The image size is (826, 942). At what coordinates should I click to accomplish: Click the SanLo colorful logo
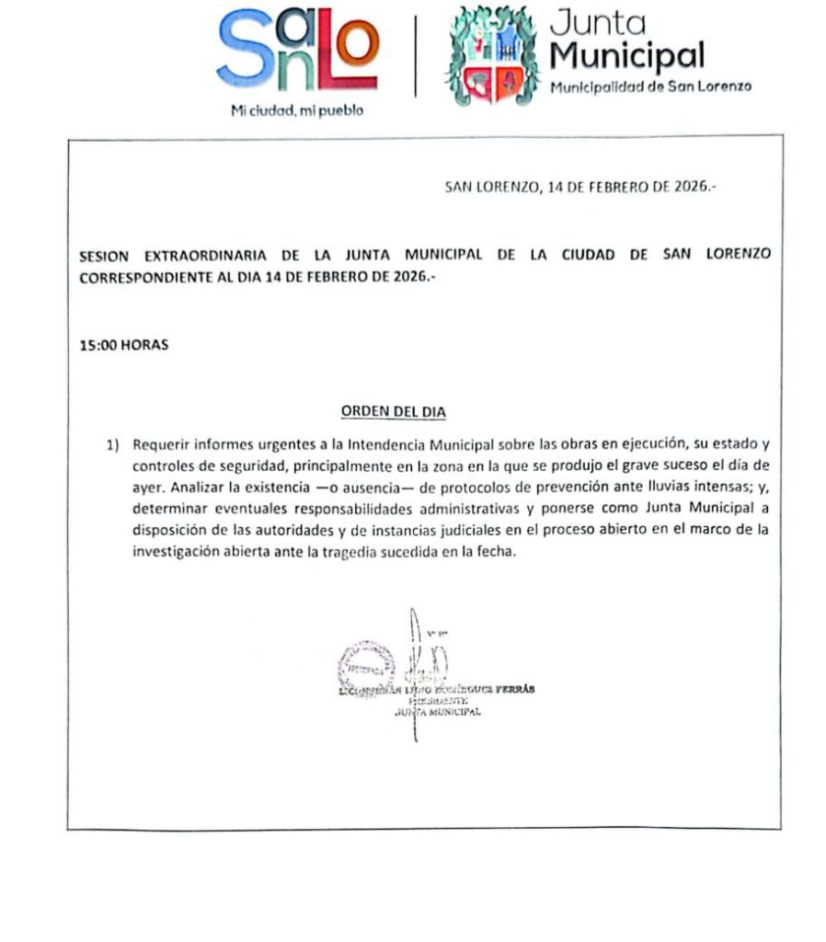(x=296, y=50)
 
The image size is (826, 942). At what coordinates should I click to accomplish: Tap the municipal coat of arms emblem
(x=490, y=55)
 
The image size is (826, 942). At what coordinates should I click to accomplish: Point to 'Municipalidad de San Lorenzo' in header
(x=650, y=86)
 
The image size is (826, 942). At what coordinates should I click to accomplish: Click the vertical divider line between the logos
(x=415, y=54)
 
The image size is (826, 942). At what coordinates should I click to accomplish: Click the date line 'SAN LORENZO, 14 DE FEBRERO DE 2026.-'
(x=580, y=187)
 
